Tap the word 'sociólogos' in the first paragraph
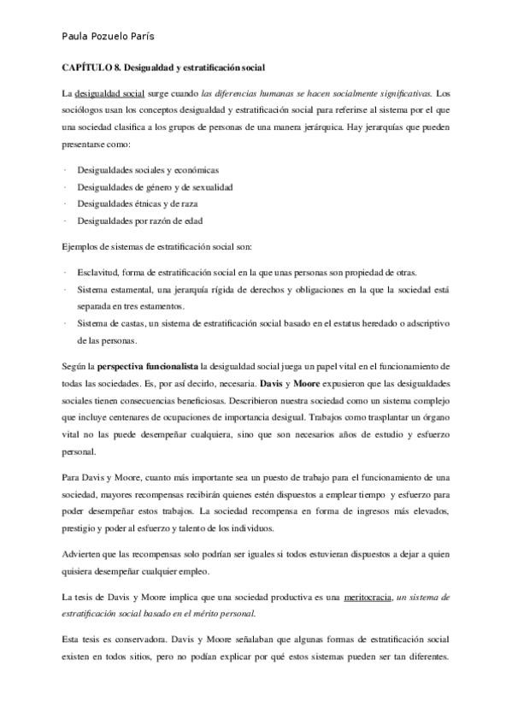[84, 109]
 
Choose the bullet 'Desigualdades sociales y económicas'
[137, 169]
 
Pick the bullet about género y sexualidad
[155, 186]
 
